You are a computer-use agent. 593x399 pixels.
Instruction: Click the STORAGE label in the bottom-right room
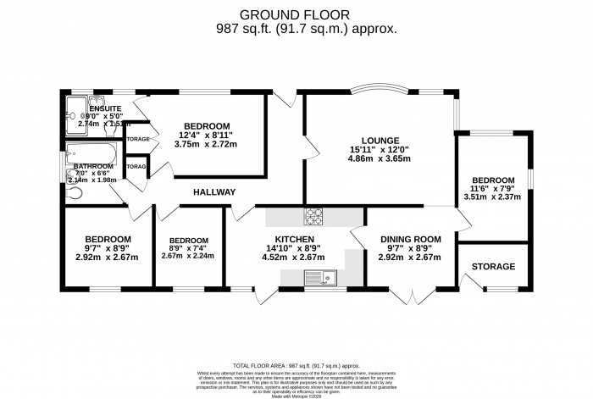493,267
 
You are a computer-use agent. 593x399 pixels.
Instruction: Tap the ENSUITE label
99,108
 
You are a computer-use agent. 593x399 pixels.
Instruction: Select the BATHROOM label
93,167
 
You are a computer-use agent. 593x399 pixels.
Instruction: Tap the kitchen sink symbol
321,277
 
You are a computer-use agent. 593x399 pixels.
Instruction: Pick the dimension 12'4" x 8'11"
205,135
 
